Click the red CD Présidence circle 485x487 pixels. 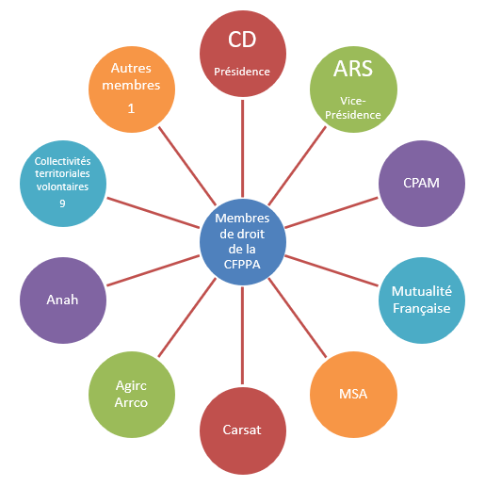coord(243,54)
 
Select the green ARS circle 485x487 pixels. coord(353,89)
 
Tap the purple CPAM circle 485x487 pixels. coord(422,184)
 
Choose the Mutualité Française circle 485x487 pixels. coord(422,300)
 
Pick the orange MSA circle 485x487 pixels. coord(353,395)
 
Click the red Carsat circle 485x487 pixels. coord(243,430)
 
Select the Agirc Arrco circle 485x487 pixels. coord(132,395)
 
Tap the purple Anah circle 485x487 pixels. coord(63,300)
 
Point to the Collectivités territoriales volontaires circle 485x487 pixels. coord(63,184)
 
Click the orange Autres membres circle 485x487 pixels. coord(132,89)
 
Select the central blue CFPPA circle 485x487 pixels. coord(243,242)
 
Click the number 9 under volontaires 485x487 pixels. coord(62,203)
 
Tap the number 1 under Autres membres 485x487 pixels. coord(131,108)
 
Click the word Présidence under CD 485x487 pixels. coord(242,72)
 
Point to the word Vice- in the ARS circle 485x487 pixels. coord(353,101)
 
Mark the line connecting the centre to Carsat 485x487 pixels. coord(242,335)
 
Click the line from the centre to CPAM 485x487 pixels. coord(331,213)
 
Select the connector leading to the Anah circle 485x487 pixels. coord(154,270)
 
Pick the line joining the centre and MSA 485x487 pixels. coord(298,317)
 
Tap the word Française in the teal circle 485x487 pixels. coord(422,309)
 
